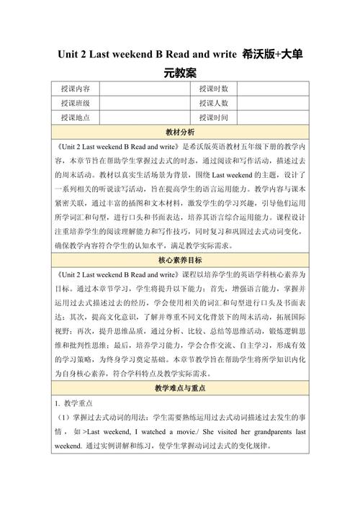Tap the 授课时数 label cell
(x=214, y=89)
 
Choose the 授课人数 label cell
(x=214, y=104)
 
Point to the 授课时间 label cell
(x=214, y=118)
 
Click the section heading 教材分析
(x=180, y=133)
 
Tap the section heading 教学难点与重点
(x=180, y=389)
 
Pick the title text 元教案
(x=180, y=73)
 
